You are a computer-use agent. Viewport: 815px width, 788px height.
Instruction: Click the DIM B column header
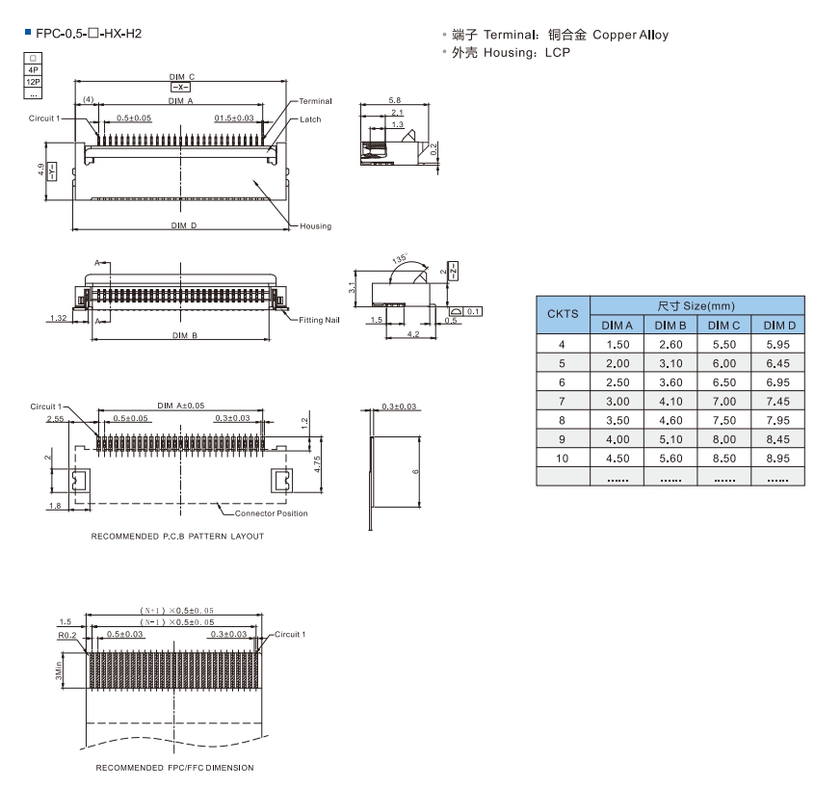pyautogui.click(x=670, y=326)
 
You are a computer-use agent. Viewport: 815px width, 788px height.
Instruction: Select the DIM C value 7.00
pyautogui.click(x=724, y=402)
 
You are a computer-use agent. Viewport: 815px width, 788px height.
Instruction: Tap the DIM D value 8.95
pyautogui.click(x=777, y=459)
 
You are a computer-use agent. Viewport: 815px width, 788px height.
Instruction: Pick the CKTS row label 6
pyautogui.click(x=562, y=382)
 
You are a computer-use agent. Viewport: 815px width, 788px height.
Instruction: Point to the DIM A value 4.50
pyautogui.click(x=618, y=459)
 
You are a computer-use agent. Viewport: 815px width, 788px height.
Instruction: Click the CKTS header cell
pyautogui.click(x=563, y=314)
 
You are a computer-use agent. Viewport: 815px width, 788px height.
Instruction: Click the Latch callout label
pyautogui.click(x=310, y=119)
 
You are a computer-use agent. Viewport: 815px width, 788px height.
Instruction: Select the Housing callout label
pyautogui.click(x=316, y=226)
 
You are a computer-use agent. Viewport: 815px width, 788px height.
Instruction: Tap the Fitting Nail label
pyautogui.click(x=319, y=320)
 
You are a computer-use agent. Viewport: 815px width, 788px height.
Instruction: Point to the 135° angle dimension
pyautogui.click(x=400, y=258)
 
